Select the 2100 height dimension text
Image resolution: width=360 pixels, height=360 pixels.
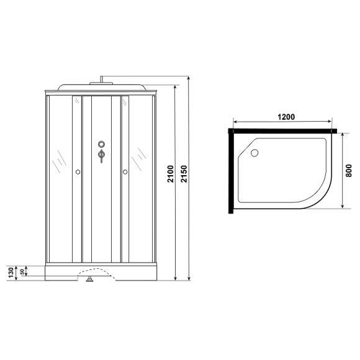(171, 182)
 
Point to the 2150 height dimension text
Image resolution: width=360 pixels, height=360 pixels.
(183, 182)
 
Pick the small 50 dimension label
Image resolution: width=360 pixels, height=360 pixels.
(22, 271)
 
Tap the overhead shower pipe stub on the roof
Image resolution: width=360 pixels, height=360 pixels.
(100, 79)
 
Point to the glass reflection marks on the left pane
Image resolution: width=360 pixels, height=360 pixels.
(58, 162)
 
